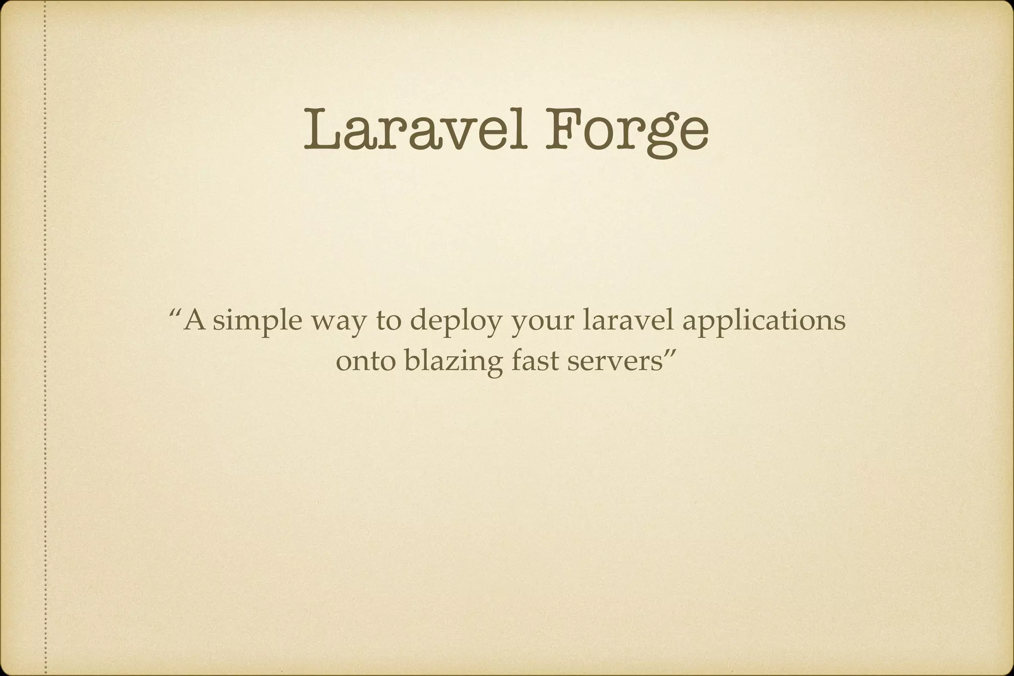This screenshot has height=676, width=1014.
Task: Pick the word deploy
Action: coord(453,323)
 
